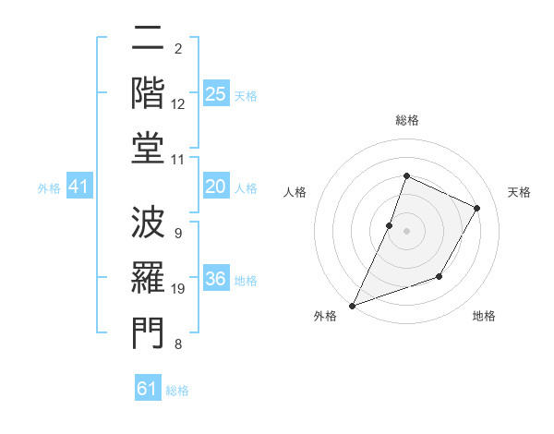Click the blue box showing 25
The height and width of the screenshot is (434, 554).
[x=216, y=93]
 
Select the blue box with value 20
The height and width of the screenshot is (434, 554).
[x=216, y=187]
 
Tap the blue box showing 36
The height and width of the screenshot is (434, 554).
[x=216, y=279]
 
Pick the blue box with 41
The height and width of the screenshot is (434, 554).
[x=79, y=187]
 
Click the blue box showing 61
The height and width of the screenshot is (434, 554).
[x=148, y=389]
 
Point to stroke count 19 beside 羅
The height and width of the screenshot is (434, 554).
[x=178, y=289]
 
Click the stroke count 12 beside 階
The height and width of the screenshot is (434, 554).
[x=178, y=104]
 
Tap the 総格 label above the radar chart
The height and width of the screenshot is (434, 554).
[x=406, y=120]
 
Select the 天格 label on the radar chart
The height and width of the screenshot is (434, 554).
[x=519, y=192]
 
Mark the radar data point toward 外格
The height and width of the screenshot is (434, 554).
[x=352, y=305]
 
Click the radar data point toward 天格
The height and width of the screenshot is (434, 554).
[x=476, y=208]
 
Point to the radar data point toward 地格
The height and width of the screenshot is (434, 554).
[x=440, y=276]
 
